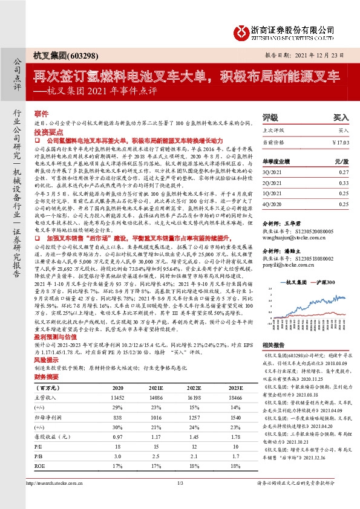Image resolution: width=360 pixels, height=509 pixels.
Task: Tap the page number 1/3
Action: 180,499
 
